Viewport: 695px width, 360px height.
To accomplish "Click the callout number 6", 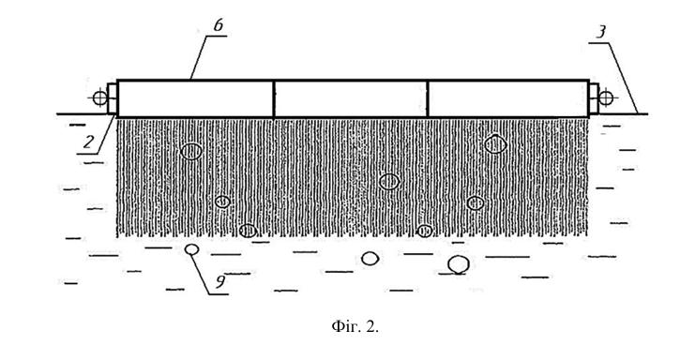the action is point(219,25).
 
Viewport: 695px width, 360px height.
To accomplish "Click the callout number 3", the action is point(600,32).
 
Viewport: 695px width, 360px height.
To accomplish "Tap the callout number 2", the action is point(89,142).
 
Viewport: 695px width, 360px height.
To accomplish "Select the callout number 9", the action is point(220,281).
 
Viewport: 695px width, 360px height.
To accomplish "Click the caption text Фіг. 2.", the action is point(355,327).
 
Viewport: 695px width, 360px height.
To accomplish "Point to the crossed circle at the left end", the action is point(100,97).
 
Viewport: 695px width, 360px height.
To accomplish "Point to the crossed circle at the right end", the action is point(606,97).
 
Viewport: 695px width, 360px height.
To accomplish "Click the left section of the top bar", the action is point(195,98).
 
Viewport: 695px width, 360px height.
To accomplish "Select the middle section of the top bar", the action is point(351,98).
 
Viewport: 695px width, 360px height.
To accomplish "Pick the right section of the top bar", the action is point(508,98).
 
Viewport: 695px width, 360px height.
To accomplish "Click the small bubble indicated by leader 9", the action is point(191,249).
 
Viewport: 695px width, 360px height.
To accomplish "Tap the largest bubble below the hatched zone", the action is point(459,264).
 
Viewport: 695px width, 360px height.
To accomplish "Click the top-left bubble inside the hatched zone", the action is point(191,152).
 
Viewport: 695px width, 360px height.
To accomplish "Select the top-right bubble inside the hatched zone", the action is point(495,144).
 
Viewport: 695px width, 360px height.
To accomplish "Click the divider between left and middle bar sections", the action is point(274,98).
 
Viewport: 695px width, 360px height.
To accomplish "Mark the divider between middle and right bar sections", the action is point(428,98).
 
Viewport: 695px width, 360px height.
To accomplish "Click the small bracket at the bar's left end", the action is point(113,98).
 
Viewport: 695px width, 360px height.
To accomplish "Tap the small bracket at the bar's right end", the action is point(594,98).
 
